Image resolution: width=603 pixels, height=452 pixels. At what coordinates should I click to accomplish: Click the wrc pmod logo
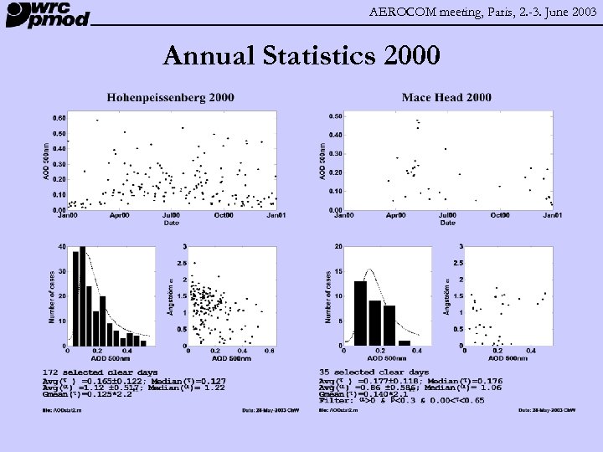click(48, 14)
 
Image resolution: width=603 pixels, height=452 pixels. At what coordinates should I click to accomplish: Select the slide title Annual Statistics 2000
click(301, 56)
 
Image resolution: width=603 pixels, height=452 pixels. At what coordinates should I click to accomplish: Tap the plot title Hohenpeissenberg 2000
click(170, 98)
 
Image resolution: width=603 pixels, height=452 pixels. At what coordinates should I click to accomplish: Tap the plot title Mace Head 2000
click(446, 98)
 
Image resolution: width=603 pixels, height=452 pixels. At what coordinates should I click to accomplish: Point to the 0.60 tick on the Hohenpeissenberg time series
click(59, 118)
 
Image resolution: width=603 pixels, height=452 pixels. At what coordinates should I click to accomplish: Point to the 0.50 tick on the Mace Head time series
click(333, 116)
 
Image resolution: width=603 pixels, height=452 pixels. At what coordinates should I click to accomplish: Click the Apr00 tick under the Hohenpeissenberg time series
click(119, 216)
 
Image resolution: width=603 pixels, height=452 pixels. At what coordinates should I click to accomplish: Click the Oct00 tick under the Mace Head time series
click(499, 216)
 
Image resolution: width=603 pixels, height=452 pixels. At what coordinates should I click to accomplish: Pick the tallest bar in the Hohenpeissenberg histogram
click(82, 296)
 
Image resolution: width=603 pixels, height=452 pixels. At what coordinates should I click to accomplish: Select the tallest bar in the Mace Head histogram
click(361, 313)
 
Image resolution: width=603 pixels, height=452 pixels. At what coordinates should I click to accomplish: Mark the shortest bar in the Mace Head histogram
click(405, 342)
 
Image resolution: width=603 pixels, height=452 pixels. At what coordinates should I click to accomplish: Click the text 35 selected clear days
click(374, 372)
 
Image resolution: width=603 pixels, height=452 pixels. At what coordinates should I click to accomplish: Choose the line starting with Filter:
click(402, 400)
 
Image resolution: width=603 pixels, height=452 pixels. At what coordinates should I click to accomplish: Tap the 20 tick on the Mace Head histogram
click(337, 246)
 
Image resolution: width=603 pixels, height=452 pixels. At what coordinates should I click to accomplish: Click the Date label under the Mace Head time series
click(448, 223)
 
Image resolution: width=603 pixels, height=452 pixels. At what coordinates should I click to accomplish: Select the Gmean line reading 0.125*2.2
click(87, 393)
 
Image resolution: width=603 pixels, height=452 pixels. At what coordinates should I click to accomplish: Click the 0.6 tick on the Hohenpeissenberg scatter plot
click(269, 352)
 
